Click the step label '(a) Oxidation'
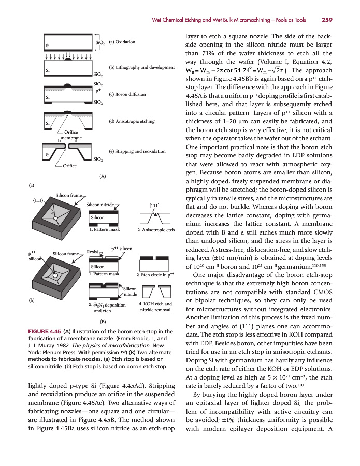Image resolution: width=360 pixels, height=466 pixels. tap(122, 42)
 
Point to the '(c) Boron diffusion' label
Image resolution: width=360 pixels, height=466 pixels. tap(127, 95)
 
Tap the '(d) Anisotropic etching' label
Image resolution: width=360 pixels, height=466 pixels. tap(132, 121)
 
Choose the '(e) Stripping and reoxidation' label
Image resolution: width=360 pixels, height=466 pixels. tap(137, 151)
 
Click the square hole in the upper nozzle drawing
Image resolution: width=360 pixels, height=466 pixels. tap(54, 217)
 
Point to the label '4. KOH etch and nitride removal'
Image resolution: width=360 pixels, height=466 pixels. tap(155, 307)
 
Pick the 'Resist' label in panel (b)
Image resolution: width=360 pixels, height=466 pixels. tap(93, 251)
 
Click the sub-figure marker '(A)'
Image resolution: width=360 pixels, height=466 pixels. tap(103, 176)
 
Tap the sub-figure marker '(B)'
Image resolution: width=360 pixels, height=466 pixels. tap(103, 322)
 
